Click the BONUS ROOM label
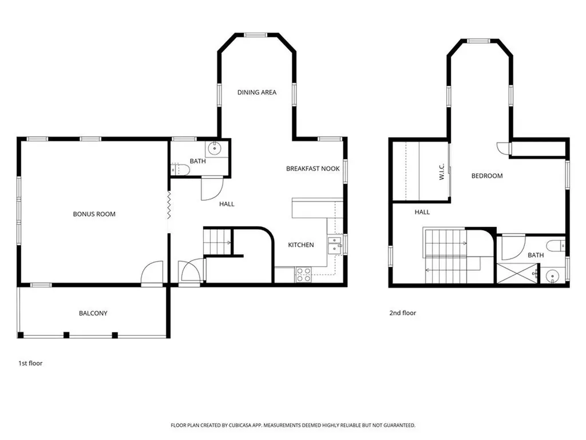(x=94, y=214)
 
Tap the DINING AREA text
(x=257, y=92)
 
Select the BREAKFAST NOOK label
(x=312, y=168)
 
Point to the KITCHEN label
(x=300, y=245)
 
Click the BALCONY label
(x=93, y=313)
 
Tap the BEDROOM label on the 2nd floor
(x=486, y=176)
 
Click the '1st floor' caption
(x=31, y=363)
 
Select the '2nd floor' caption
(x=402, y=313)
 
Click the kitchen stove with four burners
(x=303, y=274)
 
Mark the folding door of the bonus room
(x=169, y=205)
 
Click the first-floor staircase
(x=217, y=241)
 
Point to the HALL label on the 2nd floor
(x=422, y=212)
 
